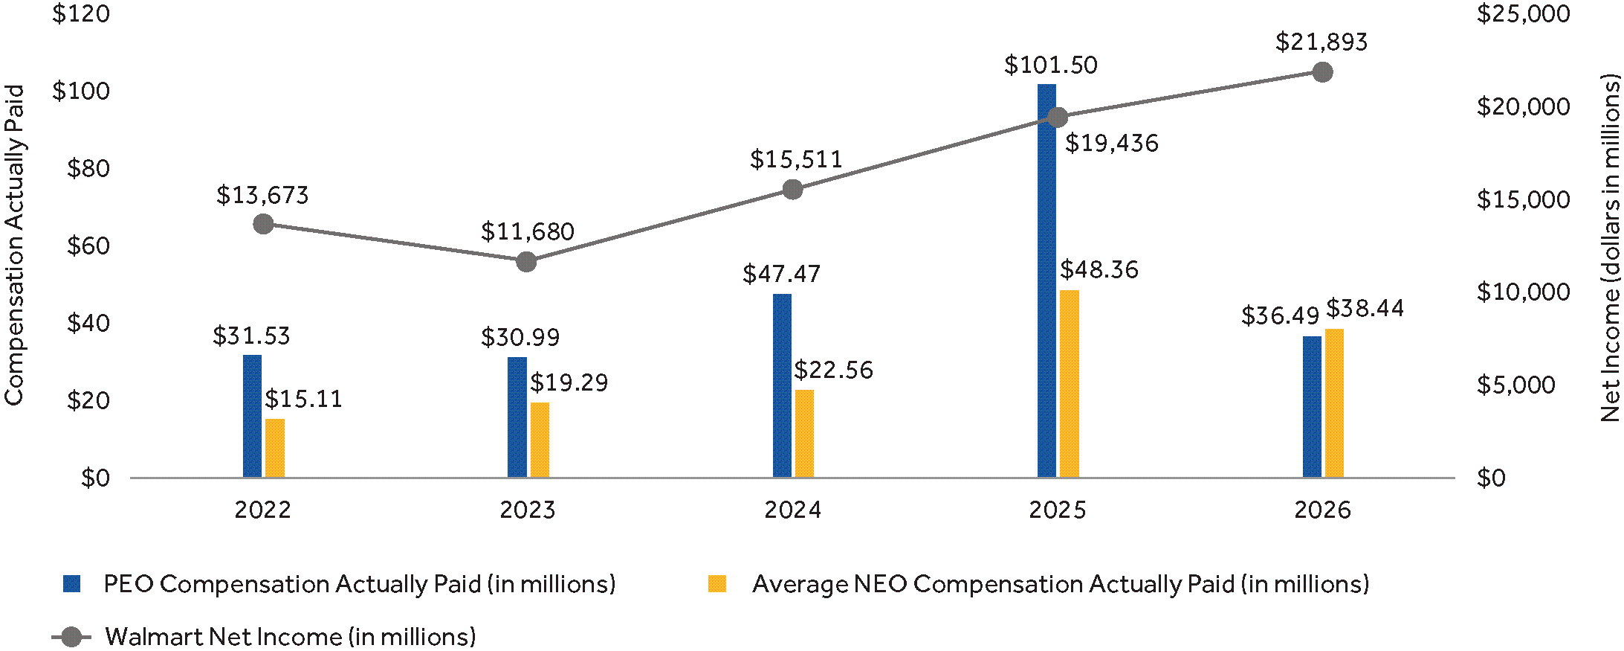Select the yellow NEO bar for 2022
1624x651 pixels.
(275, 449)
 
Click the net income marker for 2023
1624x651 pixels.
(526, 262)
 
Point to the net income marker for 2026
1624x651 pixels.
(1322, 72)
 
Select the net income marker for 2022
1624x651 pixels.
(263, 224)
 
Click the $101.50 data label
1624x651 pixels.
(1050, 65)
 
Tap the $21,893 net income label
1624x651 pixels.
(1321, 42)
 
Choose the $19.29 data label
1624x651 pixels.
(569, 383)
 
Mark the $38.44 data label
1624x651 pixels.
(1365, 309)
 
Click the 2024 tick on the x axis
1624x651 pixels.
(792, 510)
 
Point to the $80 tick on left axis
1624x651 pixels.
(88, 169)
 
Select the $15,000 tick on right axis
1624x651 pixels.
(1523, 199)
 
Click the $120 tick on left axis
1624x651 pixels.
(81, 14)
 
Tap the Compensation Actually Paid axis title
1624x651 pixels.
(15, 246)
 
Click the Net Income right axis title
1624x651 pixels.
(1610, 248)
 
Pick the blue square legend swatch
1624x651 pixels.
(72, 584)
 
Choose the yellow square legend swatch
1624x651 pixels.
(717, 584)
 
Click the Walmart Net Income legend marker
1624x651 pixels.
(71, 637)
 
